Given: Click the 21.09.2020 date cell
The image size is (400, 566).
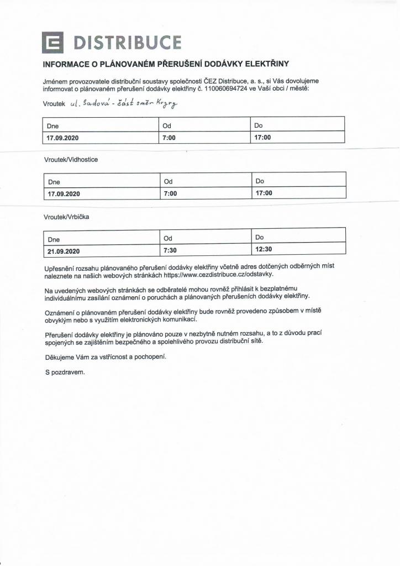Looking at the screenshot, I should (x=64, y=251).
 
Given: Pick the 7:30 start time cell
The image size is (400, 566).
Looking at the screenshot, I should (x=170, y=250).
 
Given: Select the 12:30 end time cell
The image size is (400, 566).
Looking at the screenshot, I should (x=264, y=250).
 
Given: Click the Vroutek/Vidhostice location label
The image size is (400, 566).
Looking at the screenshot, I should (x=71, y=159).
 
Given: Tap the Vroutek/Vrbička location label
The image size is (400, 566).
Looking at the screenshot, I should (x=66, y=217).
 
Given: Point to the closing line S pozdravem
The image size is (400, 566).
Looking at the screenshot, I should (x=65, y=372).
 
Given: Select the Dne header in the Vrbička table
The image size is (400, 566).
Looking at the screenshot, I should (x=54, y=239).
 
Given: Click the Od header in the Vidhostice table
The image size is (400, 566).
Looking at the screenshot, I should (x=169, y=181).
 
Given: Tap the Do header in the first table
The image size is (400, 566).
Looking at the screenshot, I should (x=258, y=125).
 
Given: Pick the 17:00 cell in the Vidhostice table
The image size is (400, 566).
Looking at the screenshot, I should (x=264, y=193).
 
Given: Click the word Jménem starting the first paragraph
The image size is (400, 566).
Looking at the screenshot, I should (x=56, y=81).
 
